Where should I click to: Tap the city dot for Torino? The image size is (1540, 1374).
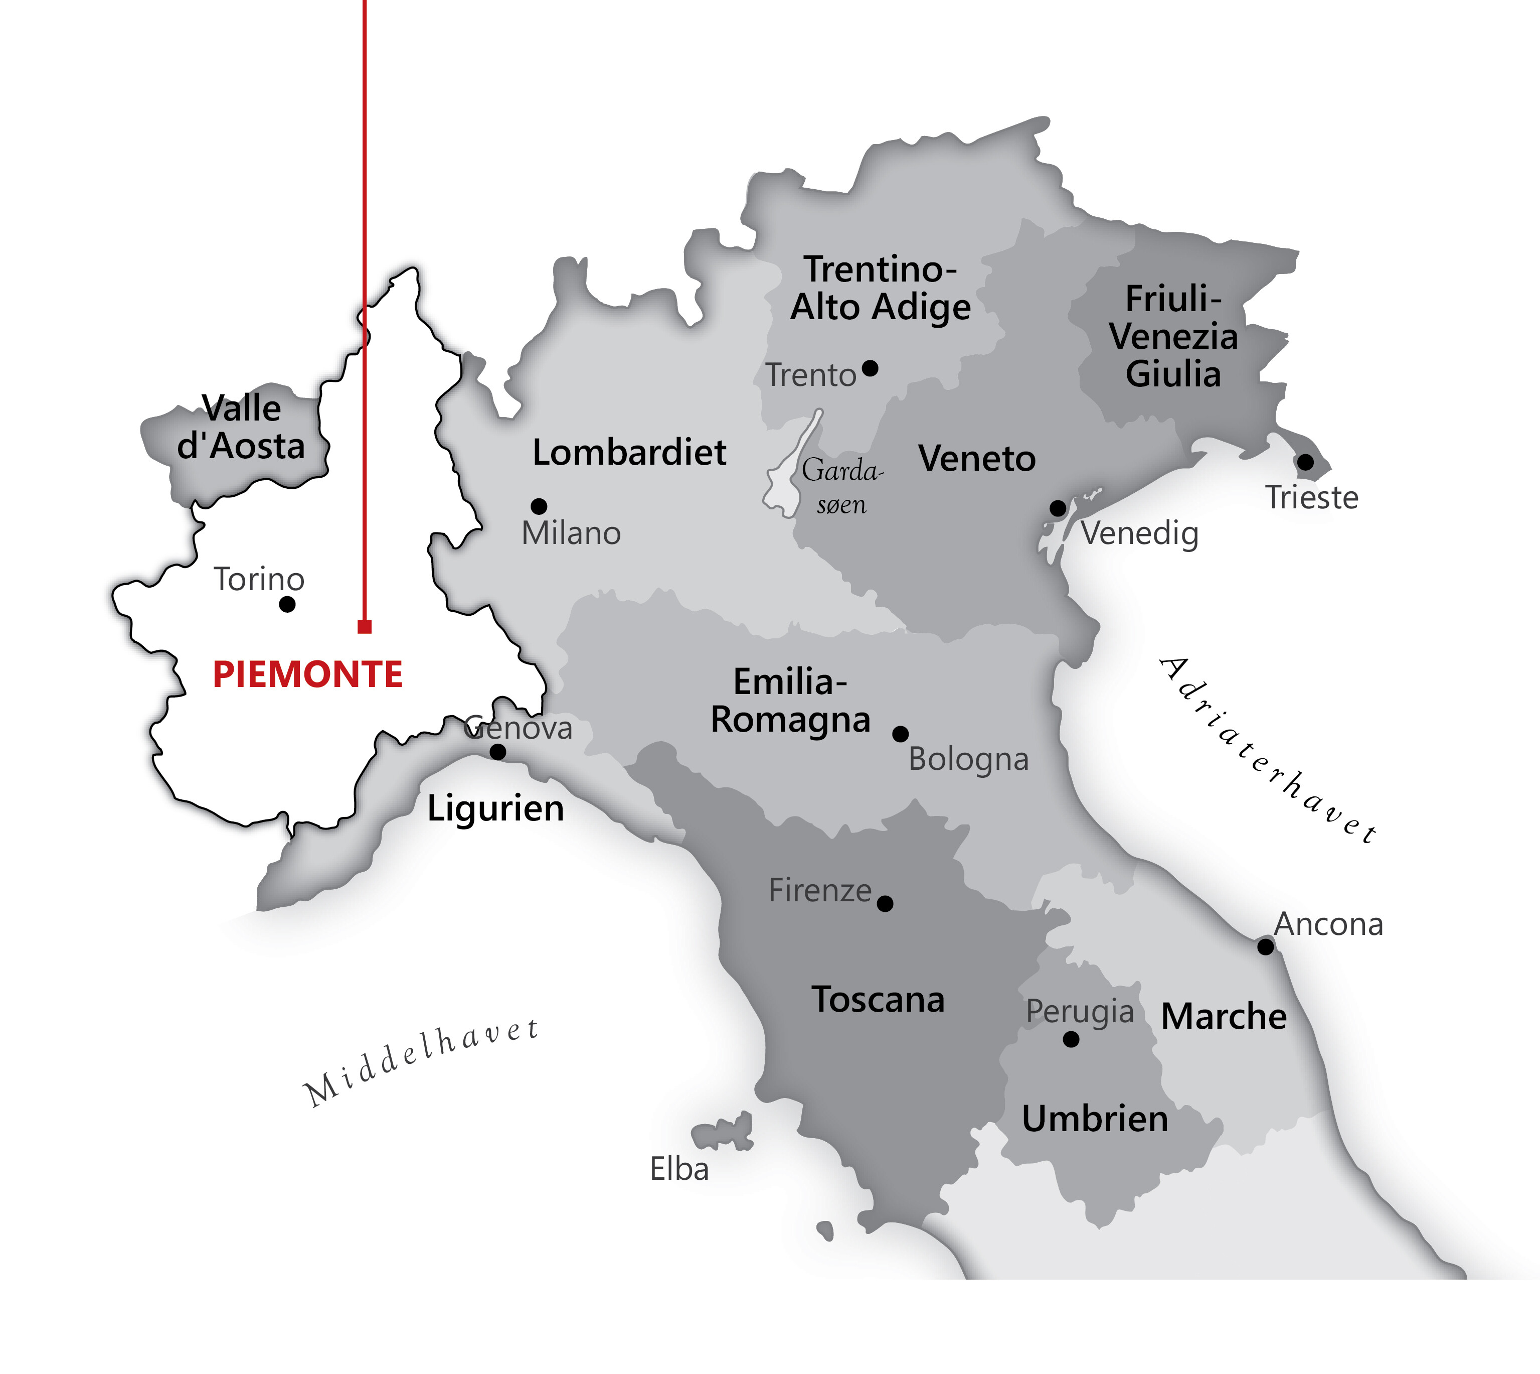287,604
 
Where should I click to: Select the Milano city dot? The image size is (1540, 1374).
539,506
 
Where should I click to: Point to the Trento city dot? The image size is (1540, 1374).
870,368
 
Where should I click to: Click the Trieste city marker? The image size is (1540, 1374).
1305,462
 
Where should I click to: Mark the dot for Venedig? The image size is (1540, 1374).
1058,508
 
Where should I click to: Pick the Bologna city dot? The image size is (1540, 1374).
900,734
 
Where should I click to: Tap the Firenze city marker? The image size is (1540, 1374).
885,903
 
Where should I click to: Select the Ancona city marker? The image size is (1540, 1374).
1265,946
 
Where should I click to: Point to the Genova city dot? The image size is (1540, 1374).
498,752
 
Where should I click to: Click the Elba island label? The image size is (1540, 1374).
679,1169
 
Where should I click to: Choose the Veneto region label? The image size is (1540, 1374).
976,458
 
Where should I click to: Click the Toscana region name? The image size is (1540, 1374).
878,1000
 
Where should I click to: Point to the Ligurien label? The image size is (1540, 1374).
495,808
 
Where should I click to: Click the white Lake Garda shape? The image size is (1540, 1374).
788,476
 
